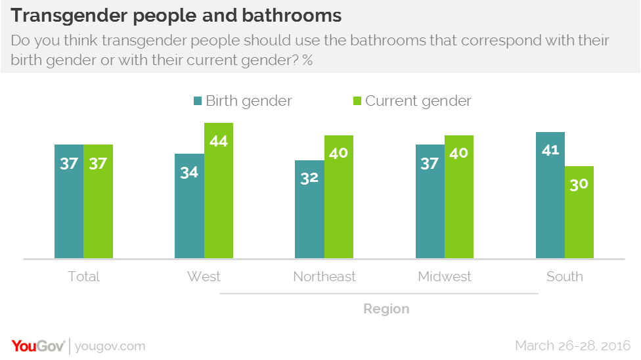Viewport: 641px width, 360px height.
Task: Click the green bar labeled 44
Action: [218, 191]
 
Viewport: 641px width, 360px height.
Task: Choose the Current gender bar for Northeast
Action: [338, 196]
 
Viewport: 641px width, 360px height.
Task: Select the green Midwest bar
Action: [458, 196]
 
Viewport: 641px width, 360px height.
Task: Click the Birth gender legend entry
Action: [242, 101]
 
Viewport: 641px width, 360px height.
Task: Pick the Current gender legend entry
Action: [412, 101]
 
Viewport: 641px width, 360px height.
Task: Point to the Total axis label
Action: [83, 277]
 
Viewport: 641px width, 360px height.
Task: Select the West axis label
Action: [204, 277]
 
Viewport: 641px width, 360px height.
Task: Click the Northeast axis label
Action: [324, 277]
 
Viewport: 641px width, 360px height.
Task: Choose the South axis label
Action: [564, 277]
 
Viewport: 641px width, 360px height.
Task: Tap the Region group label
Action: [387, 309]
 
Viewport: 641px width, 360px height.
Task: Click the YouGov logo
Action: [37, 346]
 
